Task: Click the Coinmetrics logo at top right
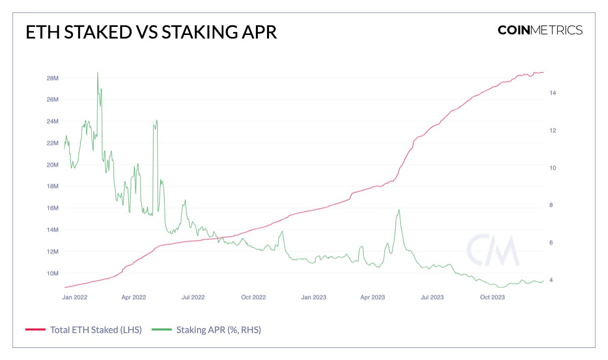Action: coord(540,30)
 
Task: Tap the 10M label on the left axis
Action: coord(53,273)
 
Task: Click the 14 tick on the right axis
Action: coord(553,93)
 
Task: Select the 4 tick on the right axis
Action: coord(551,280)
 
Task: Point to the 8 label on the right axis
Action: coord(551,205)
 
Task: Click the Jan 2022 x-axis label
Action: coord(74,297)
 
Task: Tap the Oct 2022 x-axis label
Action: coord(253,297)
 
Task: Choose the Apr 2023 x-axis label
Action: coord(372,297)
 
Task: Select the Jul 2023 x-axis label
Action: coord(432,297)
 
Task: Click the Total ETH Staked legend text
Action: coord(96,330)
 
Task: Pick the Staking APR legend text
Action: coord(218,330)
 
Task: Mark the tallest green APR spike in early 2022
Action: coord(97,74)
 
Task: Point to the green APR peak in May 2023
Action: coord(399,210)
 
